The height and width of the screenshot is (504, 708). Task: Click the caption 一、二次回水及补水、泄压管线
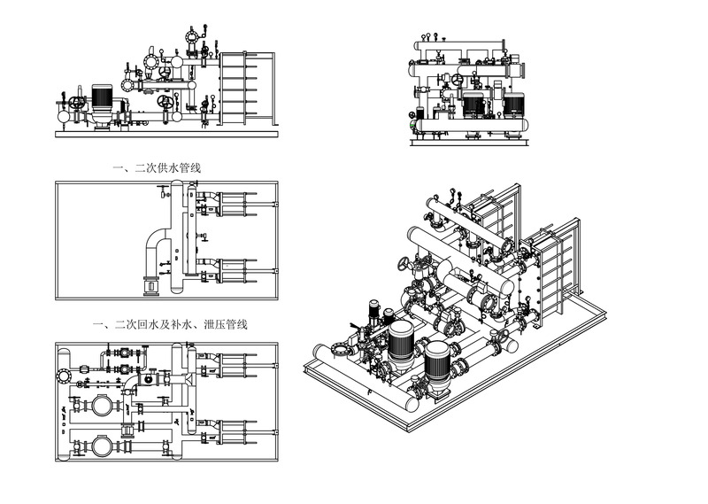(170, 325)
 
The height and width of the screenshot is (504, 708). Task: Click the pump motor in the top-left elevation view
(102, 97)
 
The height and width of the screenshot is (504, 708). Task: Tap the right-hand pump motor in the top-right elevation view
(513, 103)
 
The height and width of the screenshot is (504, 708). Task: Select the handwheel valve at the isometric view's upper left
(406, 265)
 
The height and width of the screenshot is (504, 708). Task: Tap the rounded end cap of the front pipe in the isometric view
(412, 404)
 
